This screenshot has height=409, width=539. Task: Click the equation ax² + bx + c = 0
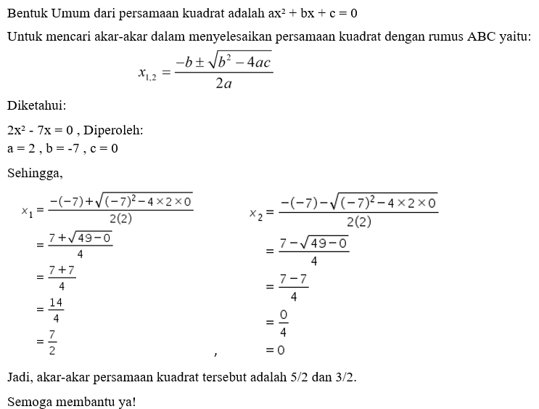pos(313,13)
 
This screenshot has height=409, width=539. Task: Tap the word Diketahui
pos(36,104)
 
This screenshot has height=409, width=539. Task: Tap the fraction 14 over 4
pos(57,309)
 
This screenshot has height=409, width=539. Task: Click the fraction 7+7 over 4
pos(62,277)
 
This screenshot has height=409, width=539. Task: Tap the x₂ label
pos(254,214)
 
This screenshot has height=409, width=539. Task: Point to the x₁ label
pos(26,211)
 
